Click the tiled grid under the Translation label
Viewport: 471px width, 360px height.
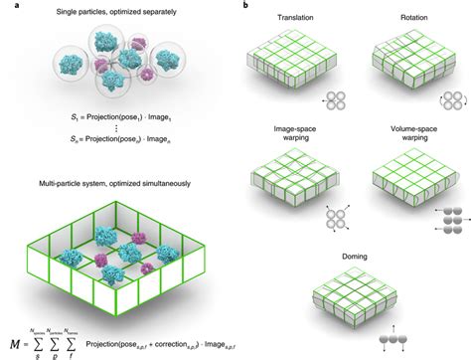pos(298,68)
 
